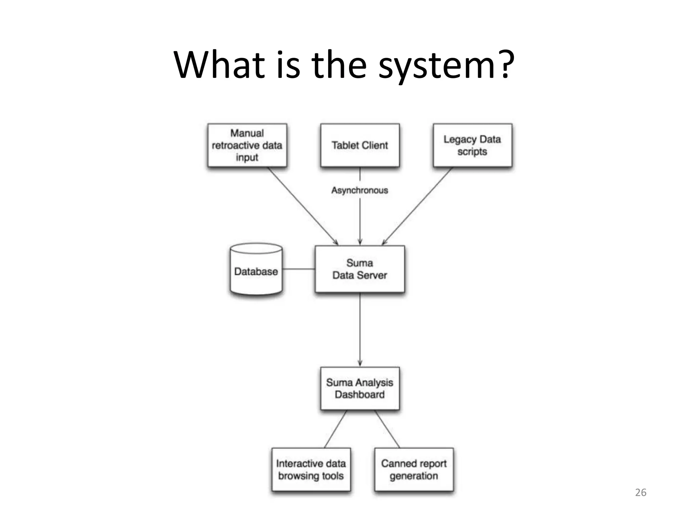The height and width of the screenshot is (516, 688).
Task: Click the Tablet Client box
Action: (x=360, y=145)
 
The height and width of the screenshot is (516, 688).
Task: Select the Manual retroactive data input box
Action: (x=247, y=145)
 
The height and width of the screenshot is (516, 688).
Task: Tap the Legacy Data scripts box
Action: (x=472, y=145)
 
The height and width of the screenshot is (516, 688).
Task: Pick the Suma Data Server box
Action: (x=360, y=269)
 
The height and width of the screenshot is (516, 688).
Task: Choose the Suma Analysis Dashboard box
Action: (x=360, y=388)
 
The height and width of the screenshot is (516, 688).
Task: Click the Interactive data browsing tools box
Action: (x=311, y=469)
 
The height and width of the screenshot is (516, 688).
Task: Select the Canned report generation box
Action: (x=414, y=469)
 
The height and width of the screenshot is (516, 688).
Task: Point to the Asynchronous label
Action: (x=360, y=190)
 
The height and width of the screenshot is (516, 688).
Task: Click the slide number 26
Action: (x=640, y=492)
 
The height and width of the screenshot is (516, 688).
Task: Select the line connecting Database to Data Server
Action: (x=299, y=269)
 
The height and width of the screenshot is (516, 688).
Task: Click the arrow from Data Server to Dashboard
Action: (x=360, y=329)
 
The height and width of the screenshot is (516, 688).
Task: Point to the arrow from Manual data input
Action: (x=302, y=206)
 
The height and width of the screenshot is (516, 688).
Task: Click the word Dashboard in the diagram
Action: (x=360, y=394)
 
